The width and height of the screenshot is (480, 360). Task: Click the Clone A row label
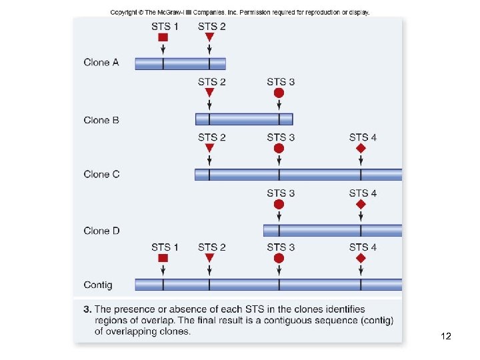(x=101, y=63)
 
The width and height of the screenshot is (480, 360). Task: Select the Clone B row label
(x=101, y=121)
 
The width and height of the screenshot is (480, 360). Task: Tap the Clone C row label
(x=101, y=175)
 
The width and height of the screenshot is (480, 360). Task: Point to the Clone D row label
(x=101, y=231)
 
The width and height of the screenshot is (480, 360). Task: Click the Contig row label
(x=98, y=285)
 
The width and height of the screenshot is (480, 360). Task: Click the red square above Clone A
(x=163, y=37)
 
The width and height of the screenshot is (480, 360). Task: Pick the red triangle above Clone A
(x=209, y=37)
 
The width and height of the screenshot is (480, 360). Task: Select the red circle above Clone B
(x=279, y=93)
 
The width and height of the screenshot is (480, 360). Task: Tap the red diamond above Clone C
(x=361, y=148)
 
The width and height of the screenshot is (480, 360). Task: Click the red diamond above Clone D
(x=361, y=204)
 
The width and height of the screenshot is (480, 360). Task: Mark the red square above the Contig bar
(x=163, y=258)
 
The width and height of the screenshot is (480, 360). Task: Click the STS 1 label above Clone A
(x=165, y=26)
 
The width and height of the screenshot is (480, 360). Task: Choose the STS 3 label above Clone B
(x=281, y=82)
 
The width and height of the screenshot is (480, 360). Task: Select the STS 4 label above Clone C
(x=363, y=137)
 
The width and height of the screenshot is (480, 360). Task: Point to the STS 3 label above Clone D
(x=281, y=193)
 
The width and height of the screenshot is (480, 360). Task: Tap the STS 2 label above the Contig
(x=211, y=247)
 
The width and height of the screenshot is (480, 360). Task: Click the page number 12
(x=446, y=337)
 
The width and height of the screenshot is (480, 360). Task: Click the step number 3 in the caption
(x=87, y=309)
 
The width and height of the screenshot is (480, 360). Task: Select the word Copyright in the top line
(x=124, y=12)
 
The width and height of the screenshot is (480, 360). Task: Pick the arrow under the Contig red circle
(x=279, y=270)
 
